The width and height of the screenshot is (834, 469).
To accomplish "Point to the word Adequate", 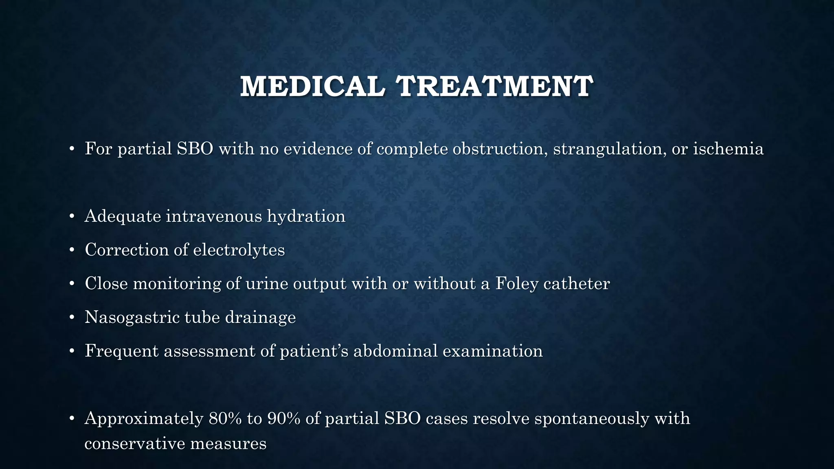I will coord(123,216).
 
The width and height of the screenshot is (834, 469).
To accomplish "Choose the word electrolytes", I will coord(239,250).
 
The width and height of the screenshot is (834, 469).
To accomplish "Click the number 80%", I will coord(225,419).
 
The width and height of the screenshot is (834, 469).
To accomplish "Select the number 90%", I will coord(283,419).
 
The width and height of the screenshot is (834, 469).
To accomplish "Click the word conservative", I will coord(134,443).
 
